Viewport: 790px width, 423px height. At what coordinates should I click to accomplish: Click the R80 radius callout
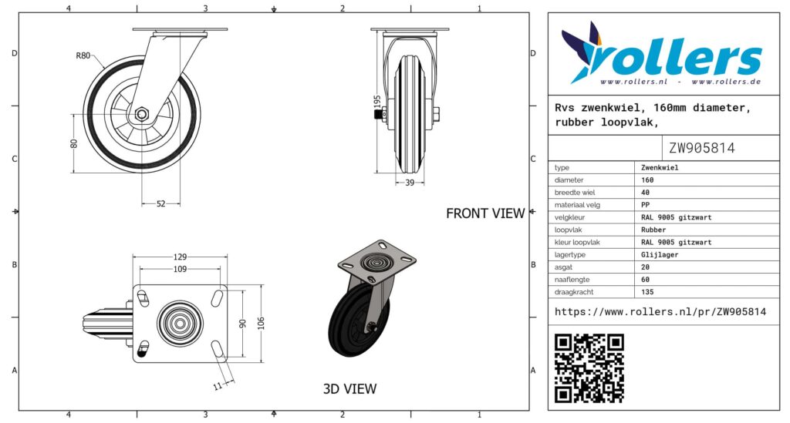click(x=83, y=55)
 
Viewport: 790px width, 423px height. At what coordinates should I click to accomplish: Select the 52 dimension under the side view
click(x=160, y=203)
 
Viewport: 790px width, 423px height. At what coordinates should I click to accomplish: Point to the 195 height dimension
click(x=377, y=102)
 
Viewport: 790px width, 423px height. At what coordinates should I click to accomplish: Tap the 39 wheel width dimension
click(x=410, y=183)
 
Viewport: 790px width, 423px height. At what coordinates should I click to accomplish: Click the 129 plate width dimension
click(x=180, y=257)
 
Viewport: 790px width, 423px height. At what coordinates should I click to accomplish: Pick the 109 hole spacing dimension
click(x=180, y=269)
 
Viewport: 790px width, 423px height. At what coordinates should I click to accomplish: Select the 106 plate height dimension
click(x=261, y=323)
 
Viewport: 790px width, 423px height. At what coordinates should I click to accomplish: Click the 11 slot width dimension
click(x=218, y=386)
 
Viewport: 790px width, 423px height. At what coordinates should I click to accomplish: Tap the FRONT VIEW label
click(x=485, y=213)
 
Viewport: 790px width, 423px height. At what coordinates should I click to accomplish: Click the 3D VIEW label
click(x=349, y=389)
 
